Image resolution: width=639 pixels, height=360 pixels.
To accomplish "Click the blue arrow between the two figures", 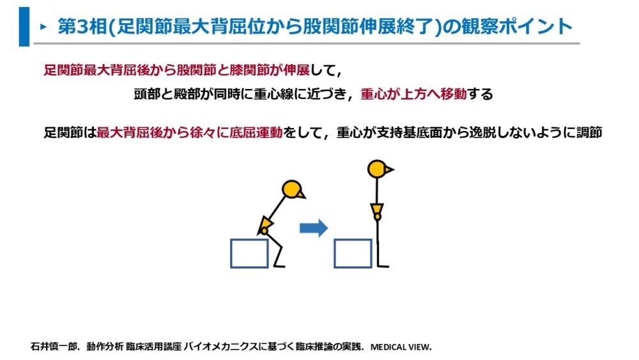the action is [x=313, y=228].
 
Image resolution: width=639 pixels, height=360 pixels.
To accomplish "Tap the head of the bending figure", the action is [x=292, y=189].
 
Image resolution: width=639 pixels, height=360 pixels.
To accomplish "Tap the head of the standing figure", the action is [x=378, y=169].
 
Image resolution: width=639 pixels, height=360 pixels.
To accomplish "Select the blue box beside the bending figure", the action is [x=249, y=253].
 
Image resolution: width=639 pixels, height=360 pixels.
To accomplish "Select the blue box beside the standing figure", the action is [x=353, y=253].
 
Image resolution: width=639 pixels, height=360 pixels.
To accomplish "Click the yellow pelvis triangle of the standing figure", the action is [x=378, y=210].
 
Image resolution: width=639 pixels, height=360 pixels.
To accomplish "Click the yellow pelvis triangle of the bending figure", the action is [x=265, y=224].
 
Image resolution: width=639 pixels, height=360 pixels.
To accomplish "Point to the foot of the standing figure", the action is [x=383, y=266].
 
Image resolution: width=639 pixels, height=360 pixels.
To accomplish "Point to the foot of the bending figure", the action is [x=279, y=266].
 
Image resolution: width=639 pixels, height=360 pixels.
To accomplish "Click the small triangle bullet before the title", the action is [x=43, y=27].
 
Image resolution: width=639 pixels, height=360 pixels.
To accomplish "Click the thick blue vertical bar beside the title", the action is [x=24, y=26].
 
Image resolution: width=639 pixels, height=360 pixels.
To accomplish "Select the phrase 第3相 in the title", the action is [x=82, y=27].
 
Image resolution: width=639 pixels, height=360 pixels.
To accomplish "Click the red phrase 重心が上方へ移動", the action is [x=413, y=94].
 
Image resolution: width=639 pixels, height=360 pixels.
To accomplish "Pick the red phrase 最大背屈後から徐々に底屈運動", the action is [x=190, y=132].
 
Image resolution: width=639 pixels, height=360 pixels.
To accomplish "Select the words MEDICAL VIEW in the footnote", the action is [x=401, y=347].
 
